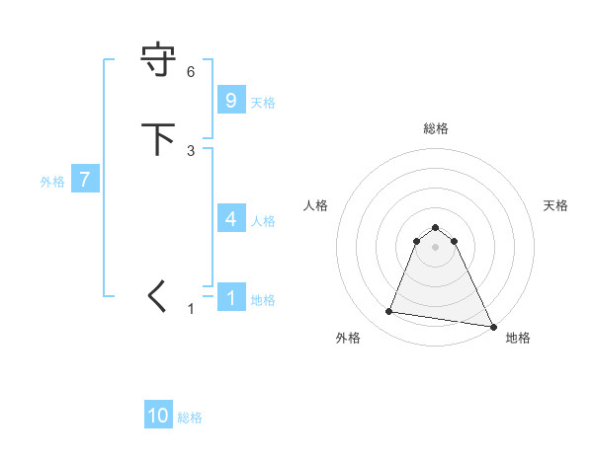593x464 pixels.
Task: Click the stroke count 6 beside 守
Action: point(191,72)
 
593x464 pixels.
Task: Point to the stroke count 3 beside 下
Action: point(191,150)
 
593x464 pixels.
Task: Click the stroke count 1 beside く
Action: point(192,309)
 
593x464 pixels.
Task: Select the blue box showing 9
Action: point(230,100)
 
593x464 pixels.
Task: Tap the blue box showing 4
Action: point(230,218)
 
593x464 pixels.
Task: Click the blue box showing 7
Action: point(85,180)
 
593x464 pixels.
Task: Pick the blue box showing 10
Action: point(158,416)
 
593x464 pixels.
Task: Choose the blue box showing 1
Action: point(230,297)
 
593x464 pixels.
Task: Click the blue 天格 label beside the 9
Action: point(263,102)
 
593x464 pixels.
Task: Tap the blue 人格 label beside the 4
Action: point(263,220)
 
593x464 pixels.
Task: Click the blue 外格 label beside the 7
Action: point(52,182)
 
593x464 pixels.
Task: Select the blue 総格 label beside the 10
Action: point(190,418)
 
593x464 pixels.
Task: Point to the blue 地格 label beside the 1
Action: point(263,299)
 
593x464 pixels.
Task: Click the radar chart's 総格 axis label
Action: point(436,128)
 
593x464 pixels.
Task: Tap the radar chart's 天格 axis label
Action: point(555,205)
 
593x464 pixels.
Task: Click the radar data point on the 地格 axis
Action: point(492,326)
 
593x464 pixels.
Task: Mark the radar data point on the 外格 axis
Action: point(389,312)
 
